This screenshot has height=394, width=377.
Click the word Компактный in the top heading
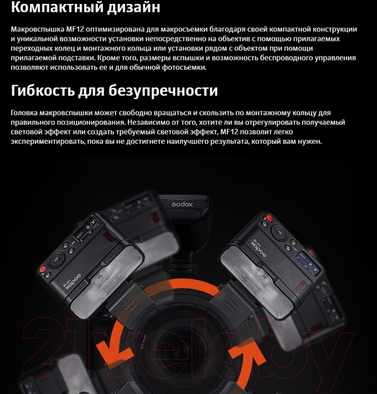pyautogui.click(x=57, y=7)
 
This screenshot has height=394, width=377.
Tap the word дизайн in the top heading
pyautogui.click(x=134, y=7)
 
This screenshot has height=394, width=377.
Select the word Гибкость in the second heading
pyautogui.click(x=43, y=91)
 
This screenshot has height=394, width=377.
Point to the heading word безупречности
pyautogui.click(x=163, y=91)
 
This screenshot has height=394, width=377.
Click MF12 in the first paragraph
pyautogui.click(x=75, y=29)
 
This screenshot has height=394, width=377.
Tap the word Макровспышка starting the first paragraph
pyautogui.click(x=37, y=30)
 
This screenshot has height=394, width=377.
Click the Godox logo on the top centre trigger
pyautogui.click(x=182, y=204)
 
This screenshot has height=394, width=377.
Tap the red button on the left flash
pyautogui.click(x=43, y=269)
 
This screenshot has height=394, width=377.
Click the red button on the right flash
pyautogui.click(x=269, y=218)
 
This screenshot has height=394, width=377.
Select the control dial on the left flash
pyautogui.click(x=56, y=259)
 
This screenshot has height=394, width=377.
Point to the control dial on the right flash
pyautogui.click(x=280, y=232)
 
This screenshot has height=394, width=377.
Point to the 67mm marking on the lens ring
pyautogui.click(x=144, y=341)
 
